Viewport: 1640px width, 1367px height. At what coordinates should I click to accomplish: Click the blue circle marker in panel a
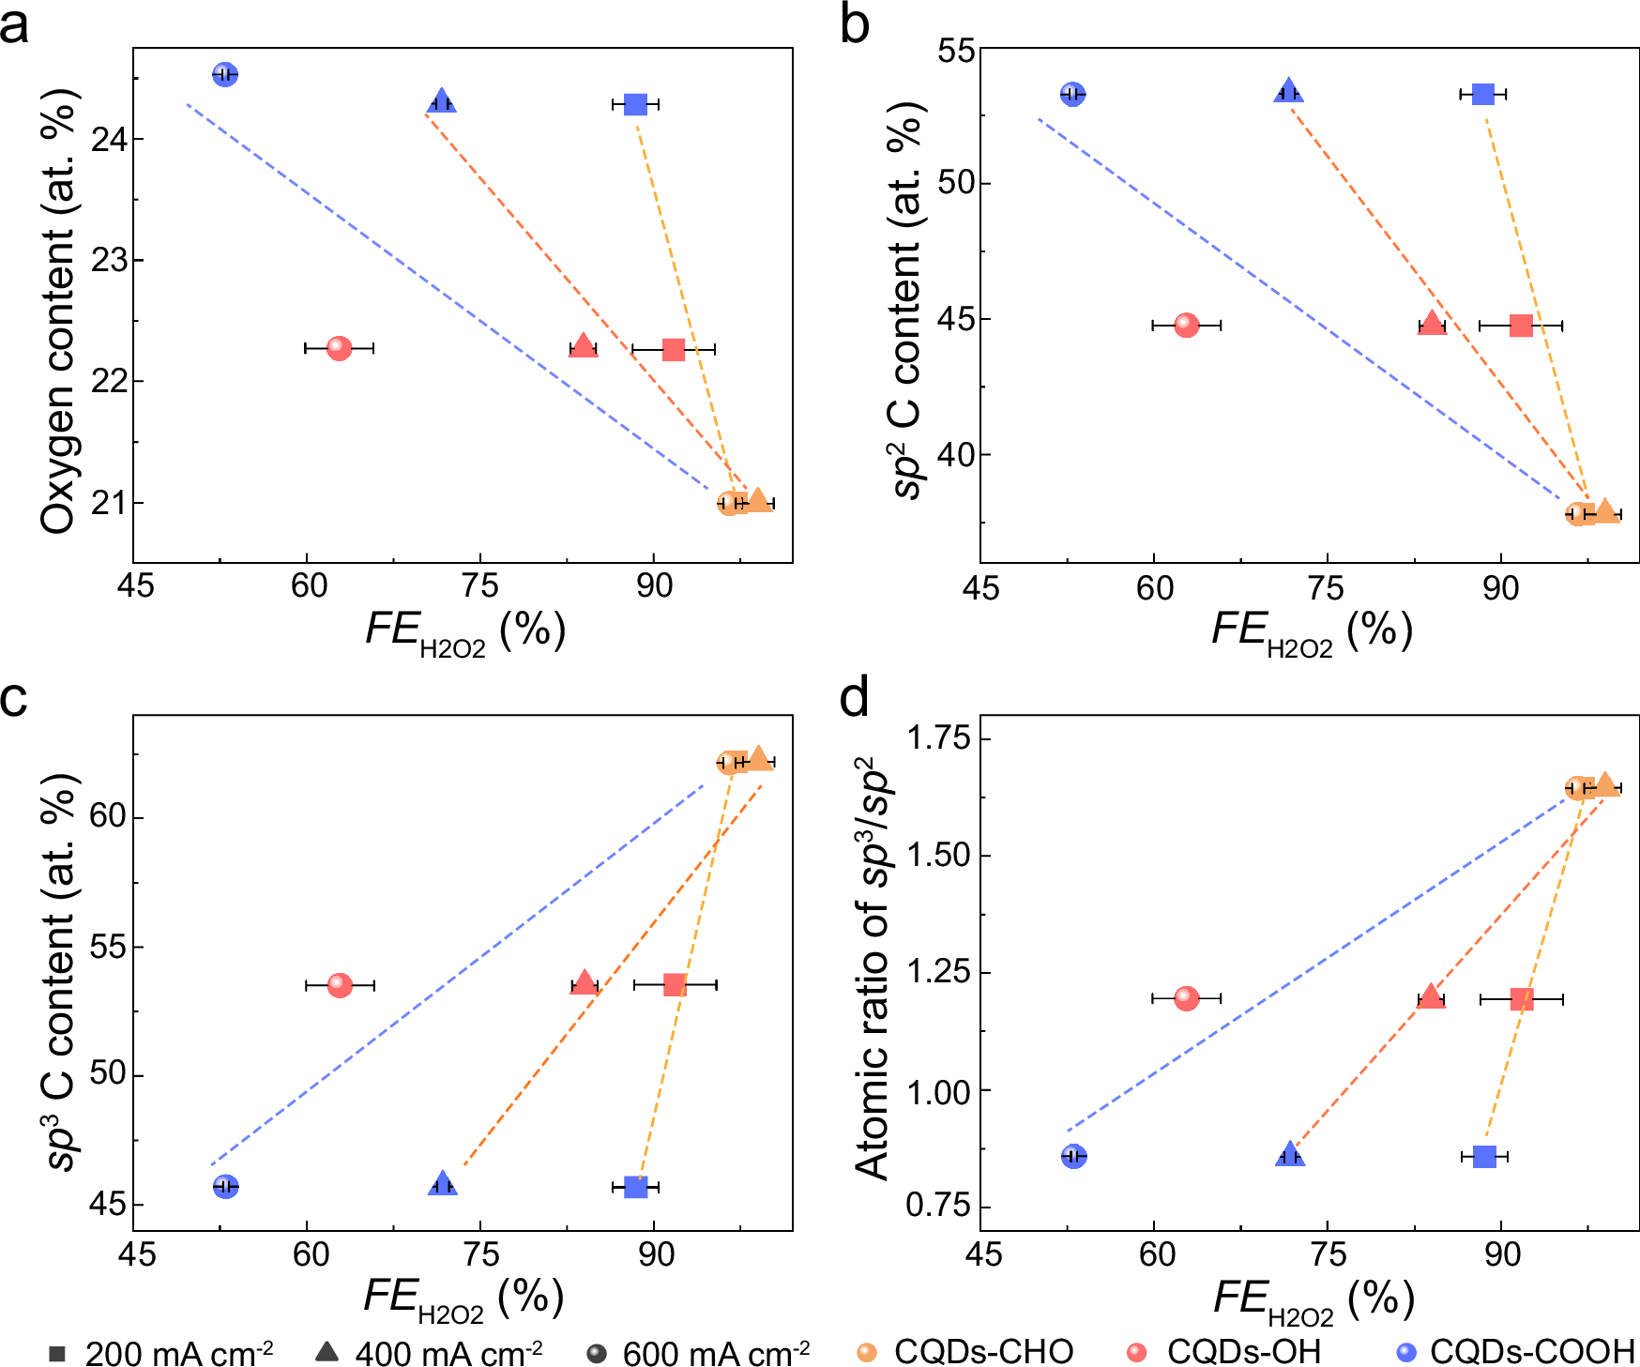coord(224,74)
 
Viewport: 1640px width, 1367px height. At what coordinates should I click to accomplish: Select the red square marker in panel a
coord(674,350)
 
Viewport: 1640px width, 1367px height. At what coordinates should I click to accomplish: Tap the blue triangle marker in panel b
coord(1289,92)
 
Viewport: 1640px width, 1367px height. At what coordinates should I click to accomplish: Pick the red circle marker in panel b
coord(1187,325)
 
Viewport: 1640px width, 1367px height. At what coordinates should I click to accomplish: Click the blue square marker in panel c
coord(636,1187)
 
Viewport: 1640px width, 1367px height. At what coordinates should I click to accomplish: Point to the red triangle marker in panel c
coord(585,982)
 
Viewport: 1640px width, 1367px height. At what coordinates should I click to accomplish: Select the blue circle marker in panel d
coord(1074,1156)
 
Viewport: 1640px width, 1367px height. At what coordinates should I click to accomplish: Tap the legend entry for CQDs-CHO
coord(965,1352)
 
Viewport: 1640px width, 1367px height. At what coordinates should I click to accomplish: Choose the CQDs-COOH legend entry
coord(1514,1352)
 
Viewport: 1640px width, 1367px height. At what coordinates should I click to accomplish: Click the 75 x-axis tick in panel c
coord(481,1253)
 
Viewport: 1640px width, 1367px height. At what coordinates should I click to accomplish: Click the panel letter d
coord(855,699)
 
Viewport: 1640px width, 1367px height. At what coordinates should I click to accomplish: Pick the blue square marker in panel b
coord(1482,94)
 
